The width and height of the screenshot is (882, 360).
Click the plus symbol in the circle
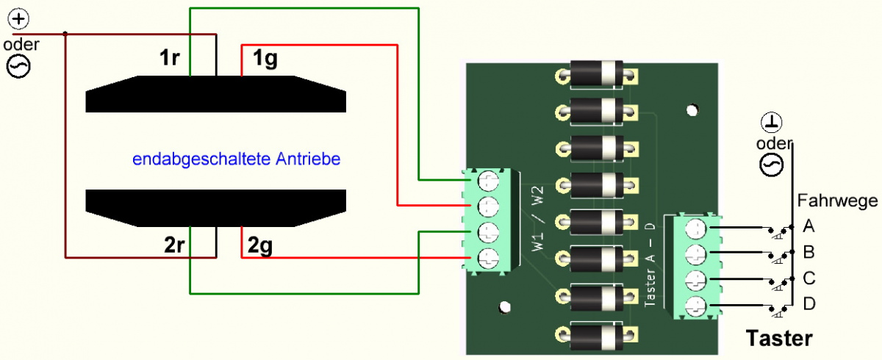pyautogui.click(x=18, y=19)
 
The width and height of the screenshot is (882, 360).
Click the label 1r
pyautogui.click(x=170, y=57)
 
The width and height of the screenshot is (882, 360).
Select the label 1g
pyautogui.click(x=265, y=59)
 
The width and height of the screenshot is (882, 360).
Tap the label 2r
pyautogui.click(x=174, y=245)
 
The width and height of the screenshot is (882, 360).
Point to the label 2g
pyautogui.click(x=260, y=246)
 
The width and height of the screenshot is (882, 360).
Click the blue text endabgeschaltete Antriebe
pyautogui.click(x=236, y=159)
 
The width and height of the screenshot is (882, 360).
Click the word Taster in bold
pyautogui.click(x=779, y=339)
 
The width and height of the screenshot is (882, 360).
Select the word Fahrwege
pyautogui.click(x=837, y=201)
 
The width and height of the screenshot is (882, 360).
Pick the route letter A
pyautogui.click(x=808, y=226)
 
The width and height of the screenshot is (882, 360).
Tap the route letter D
pyautogui.click(x=808, y=303)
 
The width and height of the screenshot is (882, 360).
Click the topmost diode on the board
pyautogui.click(x=596, y=73)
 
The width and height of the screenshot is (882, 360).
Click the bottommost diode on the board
pyautogui.click(x=596, y=335)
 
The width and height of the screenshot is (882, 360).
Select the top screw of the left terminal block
pyautogui.click(x=488, y=181)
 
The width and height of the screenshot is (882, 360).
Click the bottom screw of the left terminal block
pyautogui.click(x=488, y=259)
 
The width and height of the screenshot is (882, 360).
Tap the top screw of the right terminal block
pyautogui.click(x=696, y=229)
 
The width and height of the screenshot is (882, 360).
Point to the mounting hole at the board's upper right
pyautogui.click(x=692, y=110)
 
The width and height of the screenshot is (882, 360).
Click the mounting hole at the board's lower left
pyautogui.click(x=504, y=307)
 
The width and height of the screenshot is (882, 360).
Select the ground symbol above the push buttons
pyautogui.click(x=771, y=123)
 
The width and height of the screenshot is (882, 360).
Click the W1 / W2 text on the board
pyautogui.click(x=537, y=218)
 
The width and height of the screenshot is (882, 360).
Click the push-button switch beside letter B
pyautogui.click(x=780, y=256)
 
